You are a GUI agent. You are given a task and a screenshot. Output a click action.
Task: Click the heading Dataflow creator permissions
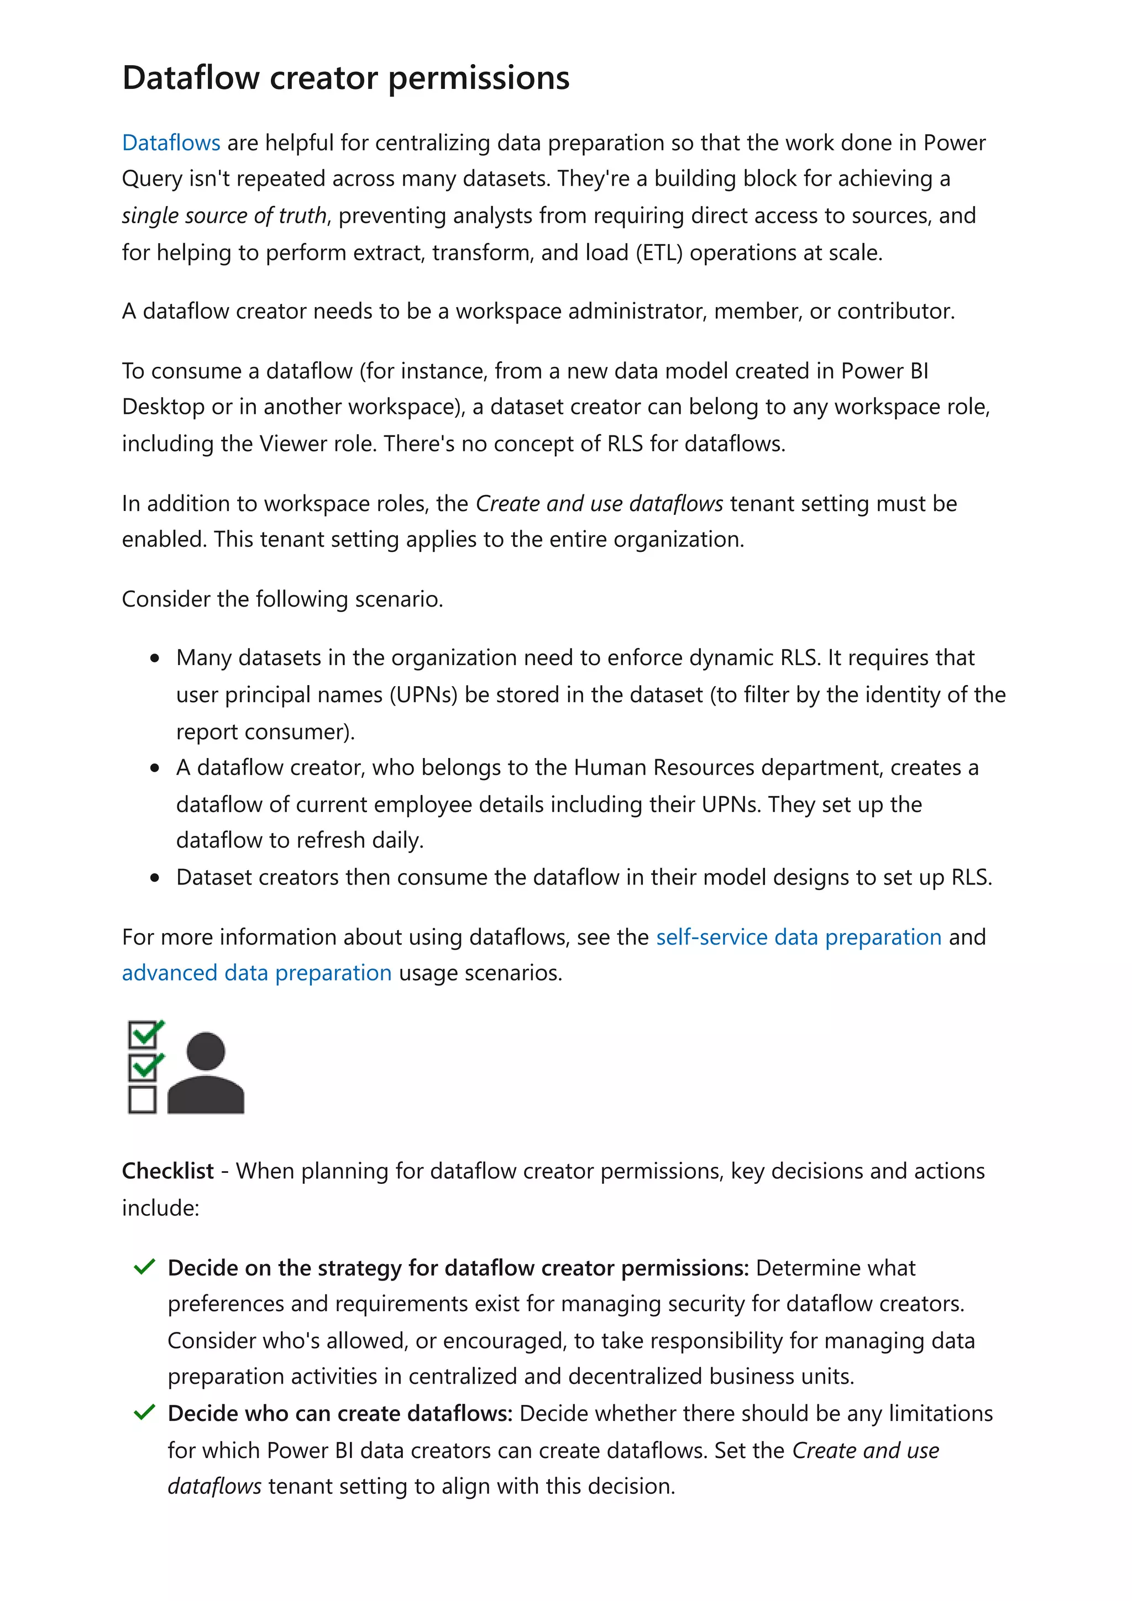click(x=345, y=77)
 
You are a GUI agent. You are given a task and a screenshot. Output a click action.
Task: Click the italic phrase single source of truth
click(x=224, y=215)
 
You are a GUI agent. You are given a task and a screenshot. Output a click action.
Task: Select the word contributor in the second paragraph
click(x=895, y=311)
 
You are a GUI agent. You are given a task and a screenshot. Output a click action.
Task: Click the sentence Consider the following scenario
click(x=282, y=599)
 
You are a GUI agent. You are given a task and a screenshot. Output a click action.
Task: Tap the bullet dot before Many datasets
click(x=155, y=659)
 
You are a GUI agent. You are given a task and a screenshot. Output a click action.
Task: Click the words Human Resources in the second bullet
click(x=664, y=768)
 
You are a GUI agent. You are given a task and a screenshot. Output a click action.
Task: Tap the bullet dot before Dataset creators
click(x=155, y=878)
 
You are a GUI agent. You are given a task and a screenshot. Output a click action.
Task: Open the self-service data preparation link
click(x=799, y=937)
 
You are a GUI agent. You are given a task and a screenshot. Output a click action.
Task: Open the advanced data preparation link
click(x=256, y=973)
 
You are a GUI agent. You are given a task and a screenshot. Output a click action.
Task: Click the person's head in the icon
click(x=206, y=1051)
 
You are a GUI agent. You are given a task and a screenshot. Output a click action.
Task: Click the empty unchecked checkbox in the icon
click(x=142, y=1099)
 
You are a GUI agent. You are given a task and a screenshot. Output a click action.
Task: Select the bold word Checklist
click(x=167, y=1171)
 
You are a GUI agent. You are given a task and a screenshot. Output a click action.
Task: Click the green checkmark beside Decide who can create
click(x=144, y=1413)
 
